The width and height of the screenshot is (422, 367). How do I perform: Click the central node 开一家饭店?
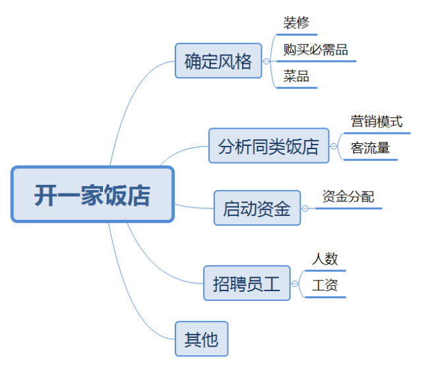coord(92,194)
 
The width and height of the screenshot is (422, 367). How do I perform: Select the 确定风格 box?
coord(218,61)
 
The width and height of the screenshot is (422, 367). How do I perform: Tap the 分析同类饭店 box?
coord(268,146)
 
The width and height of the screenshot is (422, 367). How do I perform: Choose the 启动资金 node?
coord(256,209)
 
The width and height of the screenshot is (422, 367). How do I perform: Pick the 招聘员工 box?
coord(247,283)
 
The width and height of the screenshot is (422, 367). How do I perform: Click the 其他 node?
coord(201,339)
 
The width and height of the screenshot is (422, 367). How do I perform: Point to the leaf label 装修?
coord(296,24)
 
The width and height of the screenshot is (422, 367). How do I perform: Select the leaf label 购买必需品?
coord(315,50)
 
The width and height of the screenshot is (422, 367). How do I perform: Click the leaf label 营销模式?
coord(377,121)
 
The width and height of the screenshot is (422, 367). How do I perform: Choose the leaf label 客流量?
coord(370,148)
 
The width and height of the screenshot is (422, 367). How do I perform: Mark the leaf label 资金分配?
coord(347,196)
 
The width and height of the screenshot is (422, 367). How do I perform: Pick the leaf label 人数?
coord(324,259)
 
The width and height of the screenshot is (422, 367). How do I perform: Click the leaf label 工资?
coord(324,285)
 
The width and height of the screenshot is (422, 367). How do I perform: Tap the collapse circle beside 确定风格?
coord(266,61)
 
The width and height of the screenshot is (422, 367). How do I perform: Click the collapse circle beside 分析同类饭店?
coord(334,146)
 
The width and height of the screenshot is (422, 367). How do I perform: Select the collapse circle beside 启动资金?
coord(305,209)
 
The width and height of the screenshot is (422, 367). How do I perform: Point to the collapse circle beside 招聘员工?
coord(295,284)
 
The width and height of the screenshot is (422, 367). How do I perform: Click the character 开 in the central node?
coord(45,195)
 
